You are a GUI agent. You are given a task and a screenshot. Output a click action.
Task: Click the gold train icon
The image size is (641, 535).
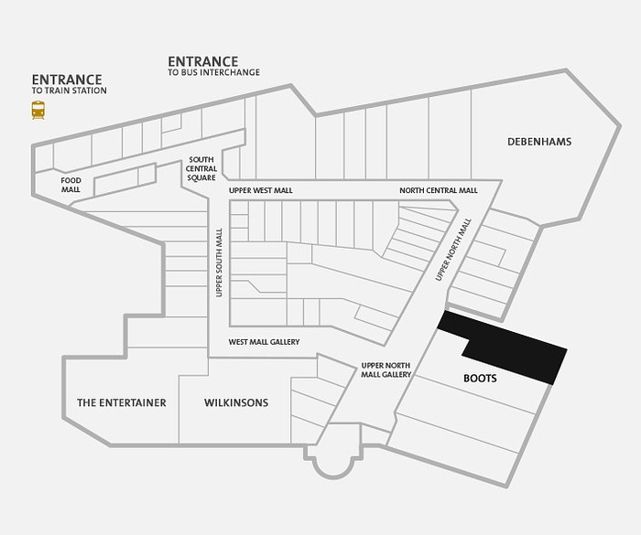click(x=38, y=110)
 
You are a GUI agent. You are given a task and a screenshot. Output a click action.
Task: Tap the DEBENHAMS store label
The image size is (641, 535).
click(x=539, y=142)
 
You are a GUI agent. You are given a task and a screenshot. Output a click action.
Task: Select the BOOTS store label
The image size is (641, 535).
click(x=480, y=379)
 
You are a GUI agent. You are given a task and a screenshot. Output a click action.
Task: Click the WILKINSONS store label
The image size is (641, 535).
click(x=236, y=402)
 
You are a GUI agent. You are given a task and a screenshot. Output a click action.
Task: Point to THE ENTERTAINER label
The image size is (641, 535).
click(x=122, y=402)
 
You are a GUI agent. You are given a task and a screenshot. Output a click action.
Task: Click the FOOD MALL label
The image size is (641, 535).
click(x=71, y=185)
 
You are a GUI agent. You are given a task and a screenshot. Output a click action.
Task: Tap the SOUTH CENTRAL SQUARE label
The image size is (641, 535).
click(x=201, y=168)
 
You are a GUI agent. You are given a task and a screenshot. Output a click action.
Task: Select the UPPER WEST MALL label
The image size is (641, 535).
click(x=261, y=190)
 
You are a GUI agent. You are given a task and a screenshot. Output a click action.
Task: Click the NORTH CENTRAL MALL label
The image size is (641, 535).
click(x=439, y=190)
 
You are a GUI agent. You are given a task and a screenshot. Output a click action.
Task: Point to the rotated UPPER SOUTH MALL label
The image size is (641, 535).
click(x=219, y=262)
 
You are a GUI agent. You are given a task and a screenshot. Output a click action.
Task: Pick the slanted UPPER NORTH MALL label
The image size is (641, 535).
click(x=453, y=250)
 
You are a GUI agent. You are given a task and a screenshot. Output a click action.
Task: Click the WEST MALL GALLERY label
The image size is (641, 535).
click(x=264, y=342)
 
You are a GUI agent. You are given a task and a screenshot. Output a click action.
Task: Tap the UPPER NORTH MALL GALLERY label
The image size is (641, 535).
click(x=386, y=370)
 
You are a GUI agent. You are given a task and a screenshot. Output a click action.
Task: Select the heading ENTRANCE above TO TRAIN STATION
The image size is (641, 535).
click(x=67, y=80)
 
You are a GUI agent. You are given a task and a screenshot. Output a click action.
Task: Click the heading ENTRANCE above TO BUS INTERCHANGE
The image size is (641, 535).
click(x=202, y=61)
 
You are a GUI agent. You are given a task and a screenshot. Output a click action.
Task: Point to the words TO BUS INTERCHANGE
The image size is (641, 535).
click(x=213, y=72)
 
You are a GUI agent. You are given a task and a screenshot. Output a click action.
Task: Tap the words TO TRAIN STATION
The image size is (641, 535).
click(x=69, y=91)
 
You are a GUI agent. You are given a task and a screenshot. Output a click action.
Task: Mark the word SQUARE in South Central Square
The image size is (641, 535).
click(x=201, y=177)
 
